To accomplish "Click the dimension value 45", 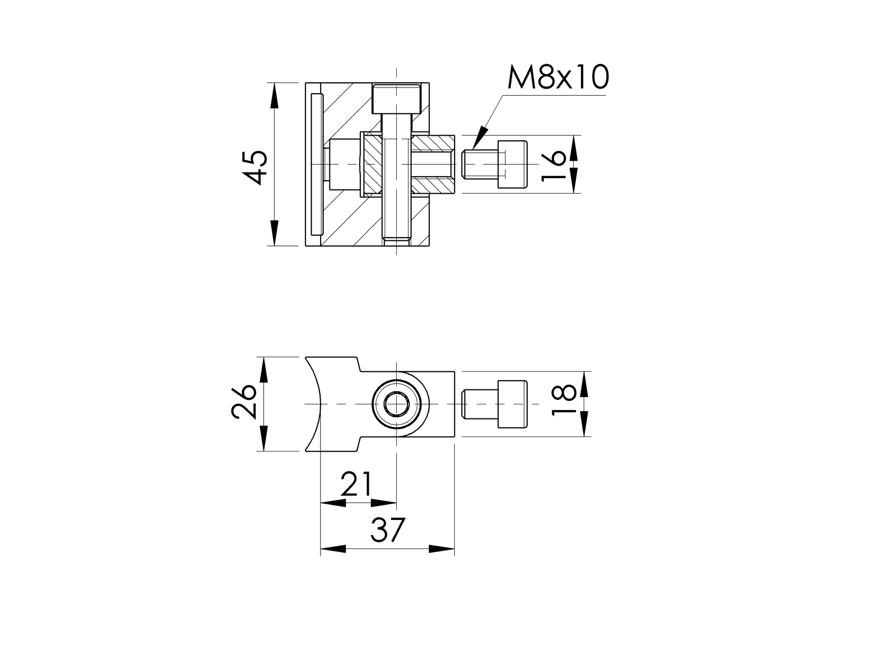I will (256, 167).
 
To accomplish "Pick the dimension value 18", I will (563, 399).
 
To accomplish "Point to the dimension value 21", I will (357, 484).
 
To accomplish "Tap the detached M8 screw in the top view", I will (495, 164).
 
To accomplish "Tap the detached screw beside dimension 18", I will (495, 404).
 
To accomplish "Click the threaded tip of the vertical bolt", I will (397, 240).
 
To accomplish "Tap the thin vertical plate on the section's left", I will (316, 164).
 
